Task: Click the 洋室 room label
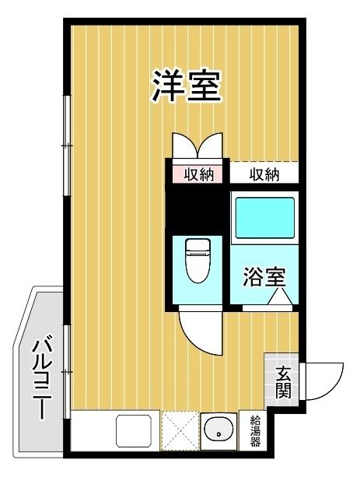click(186, 86)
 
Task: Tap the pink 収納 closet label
click(197, 174)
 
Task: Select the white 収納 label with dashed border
click(264, 174)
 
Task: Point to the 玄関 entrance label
click(282, 381)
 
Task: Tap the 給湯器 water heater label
click(255, 431)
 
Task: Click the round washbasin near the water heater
click(219, 430)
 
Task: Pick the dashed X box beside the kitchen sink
click(180, 430)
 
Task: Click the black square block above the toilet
click(197, 209)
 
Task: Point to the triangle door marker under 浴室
click(278, 297)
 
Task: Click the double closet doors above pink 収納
click(197, 146)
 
